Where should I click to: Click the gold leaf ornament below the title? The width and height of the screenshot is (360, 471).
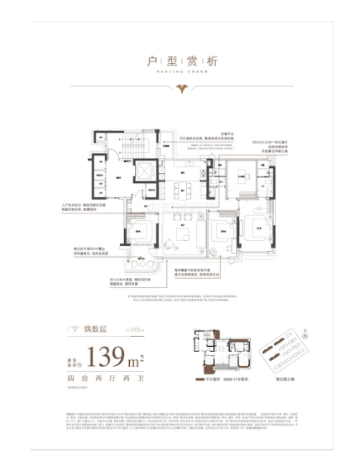[180, 85]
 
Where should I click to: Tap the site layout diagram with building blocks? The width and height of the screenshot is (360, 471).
[283, 351]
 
